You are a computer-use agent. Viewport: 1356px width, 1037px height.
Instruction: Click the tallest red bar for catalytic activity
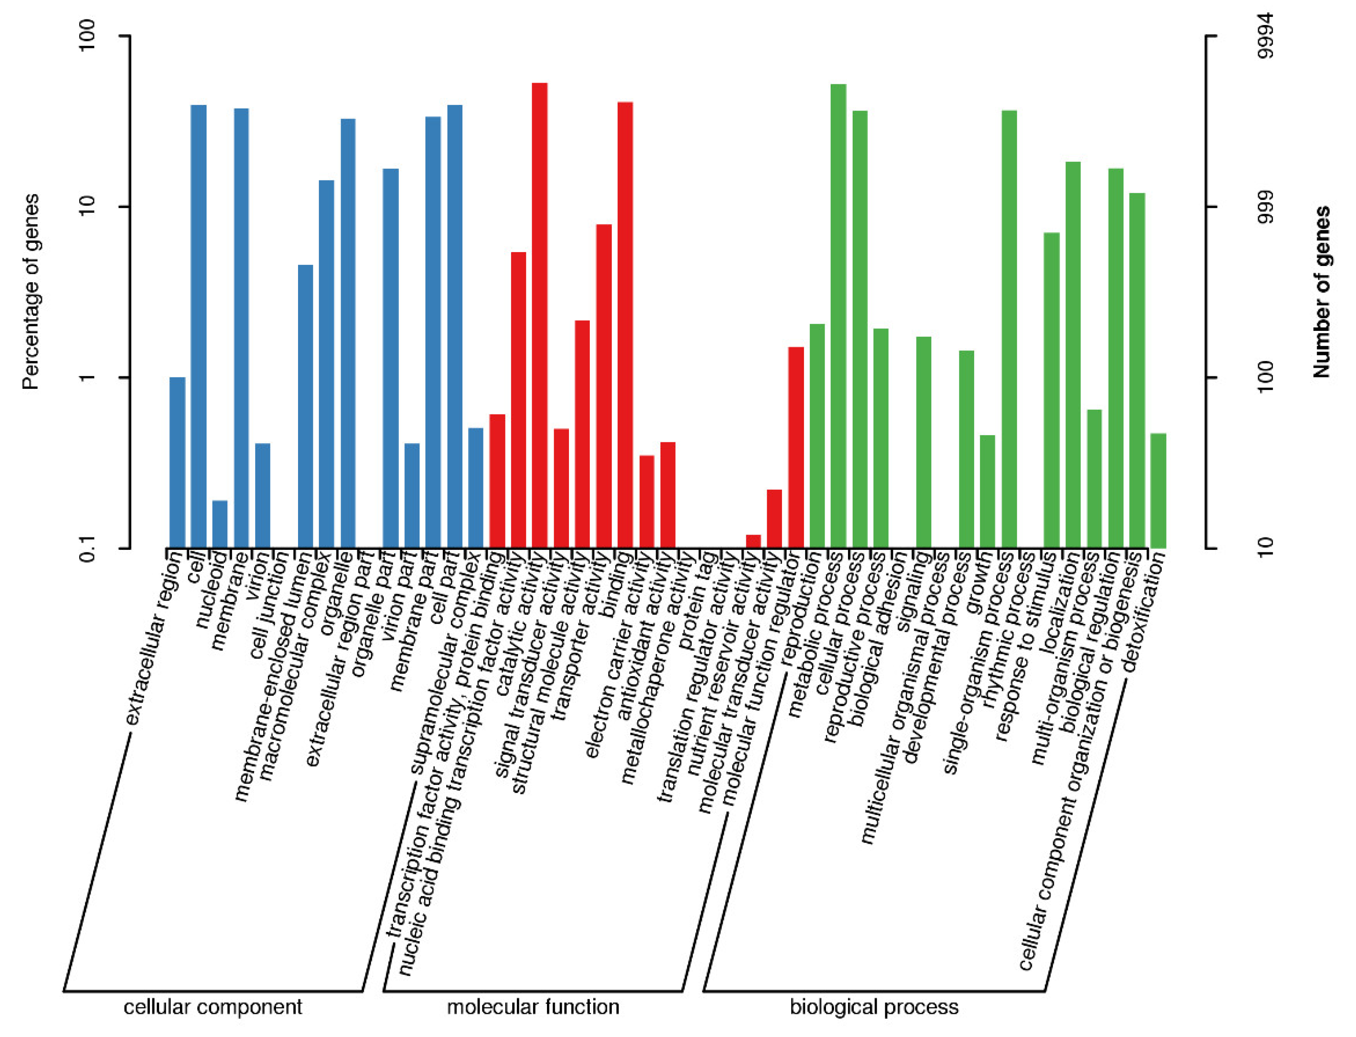coord(539,315)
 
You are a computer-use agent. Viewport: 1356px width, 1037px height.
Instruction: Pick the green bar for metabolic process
coord(838,315)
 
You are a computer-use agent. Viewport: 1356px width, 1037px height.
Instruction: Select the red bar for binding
coord(625,324)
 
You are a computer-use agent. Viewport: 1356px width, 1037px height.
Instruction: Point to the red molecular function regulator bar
coord(796,447)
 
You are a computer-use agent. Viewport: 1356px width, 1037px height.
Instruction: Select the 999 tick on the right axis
coord(1265,207)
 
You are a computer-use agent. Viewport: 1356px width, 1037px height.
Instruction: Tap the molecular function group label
coord(533,1007)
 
